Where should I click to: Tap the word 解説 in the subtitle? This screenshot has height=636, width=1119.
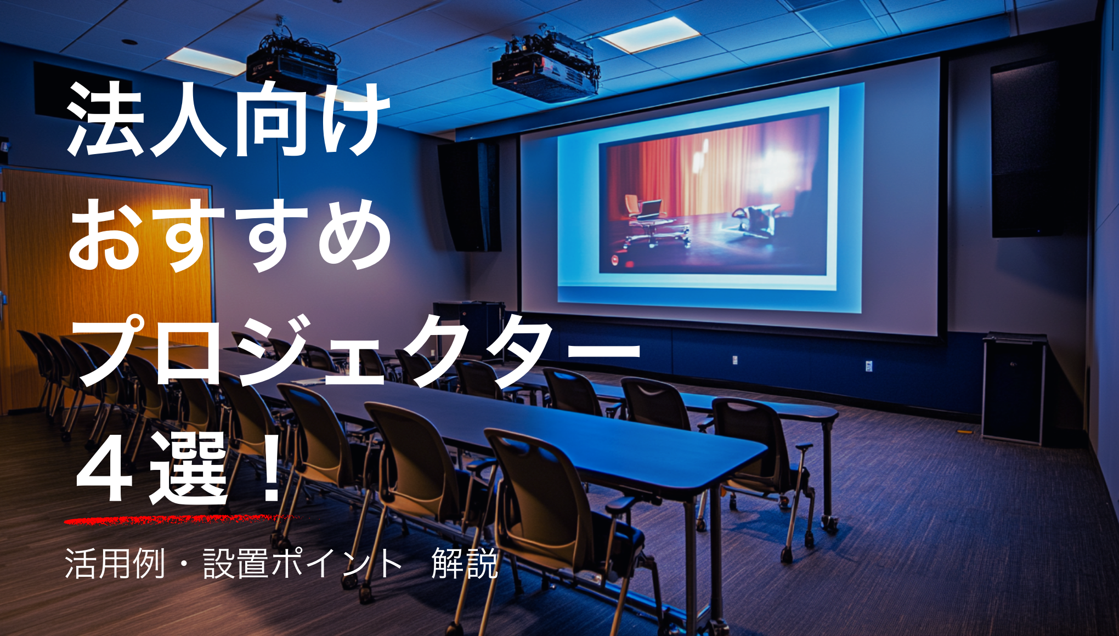tap(465, 563)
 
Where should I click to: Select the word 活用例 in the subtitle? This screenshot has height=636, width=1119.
tap(115, 563)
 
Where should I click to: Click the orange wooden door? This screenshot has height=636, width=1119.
tap(107, 285)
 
